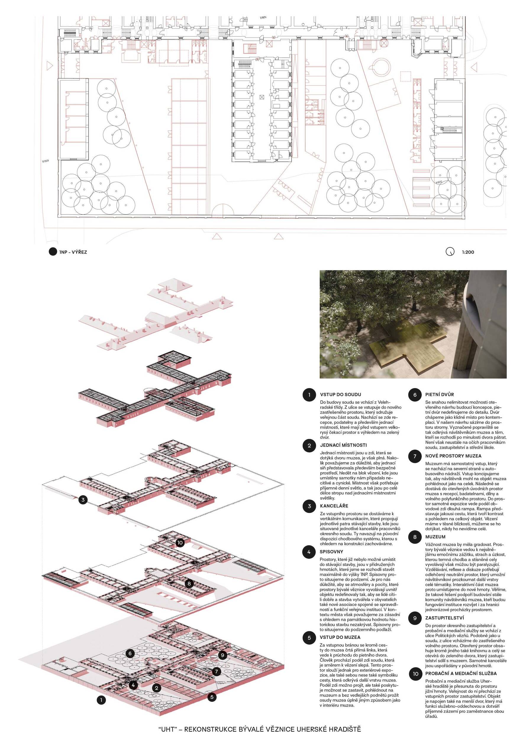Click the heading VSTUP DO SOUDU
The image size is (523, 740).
tap(340, 395)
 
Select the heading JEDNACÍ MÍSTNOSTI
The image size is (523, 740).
tap(343, 445)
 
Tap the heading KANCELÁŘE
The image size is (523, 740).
tap(334, 506)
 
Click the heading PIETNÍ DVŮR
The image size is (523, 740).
tap(439, 395)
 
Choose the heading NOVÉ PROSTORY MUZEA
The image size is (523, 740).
tap(453, 456)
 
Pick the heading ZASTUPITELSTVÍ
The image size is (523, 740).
tap(444, 618)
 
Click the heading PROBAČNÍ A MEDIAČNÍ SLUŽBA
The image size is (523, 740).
tap(461, 674)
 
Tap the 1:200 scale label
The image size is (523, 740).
tap(468, 252)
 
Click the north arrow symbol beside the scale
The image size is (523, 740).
tap(450, 252)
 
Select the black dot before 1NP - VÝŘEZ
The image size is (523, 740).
tap(53, 252)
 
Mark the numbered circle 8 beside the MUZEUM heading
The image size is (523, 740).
tap(415, 537)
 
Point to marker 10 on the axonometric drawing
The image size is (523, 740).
tap(180, 543)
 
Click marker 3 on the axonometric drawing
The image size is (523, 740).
tap(83, 500)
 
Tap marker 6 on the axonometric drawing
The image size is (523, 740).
tap(130, 653)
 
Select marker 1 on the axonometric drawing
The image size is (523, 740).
tap(101, 700)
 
